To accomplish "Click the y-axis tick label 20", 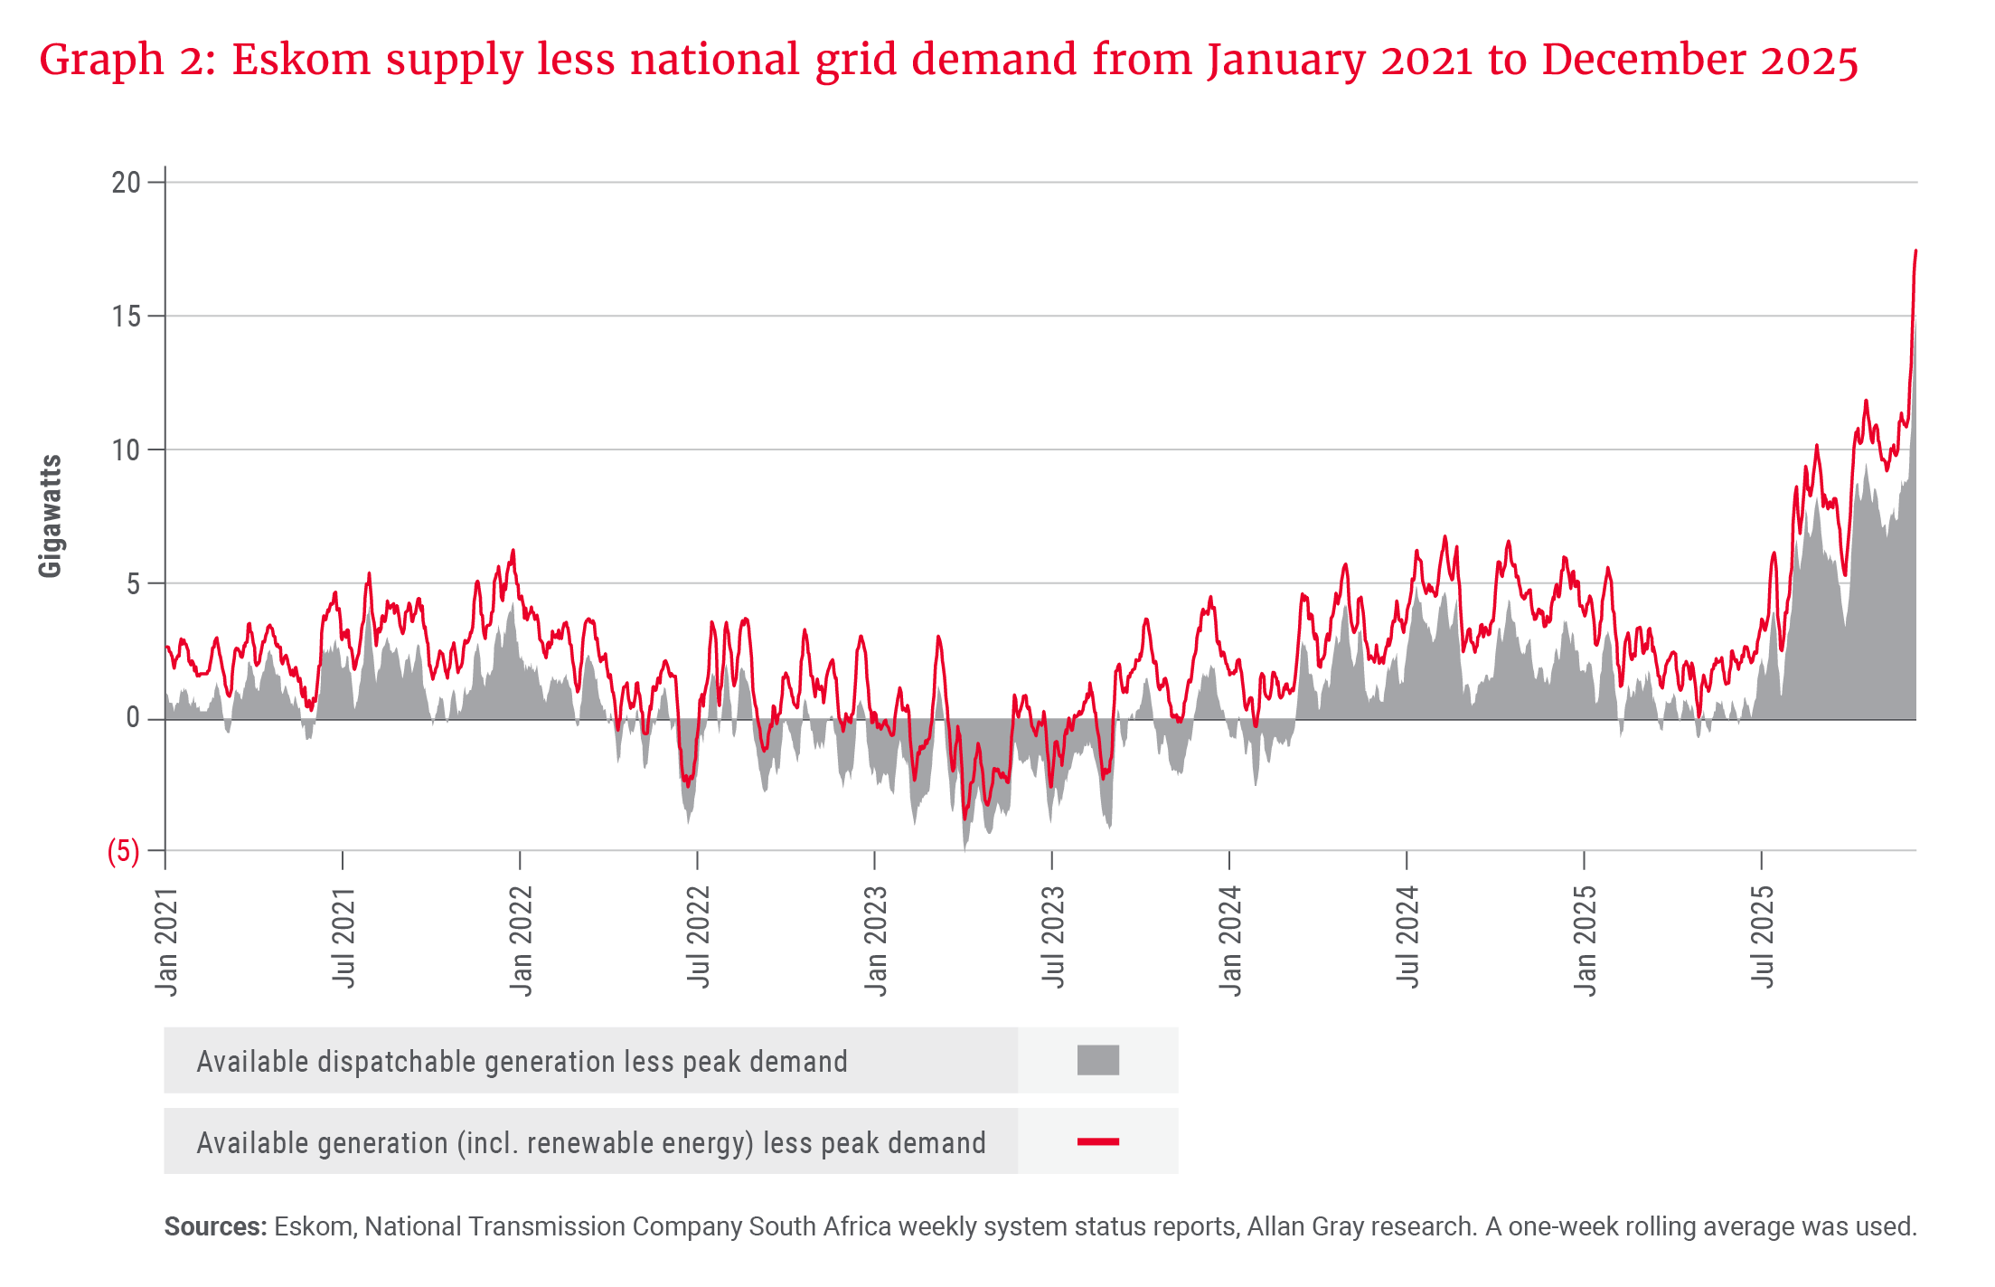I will coord(126,183).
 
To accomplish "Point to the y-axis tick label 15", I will coord(126,317).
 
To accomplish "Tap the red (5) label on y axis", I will coord(124,851).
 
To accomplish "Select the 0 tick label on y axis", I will coord(133,718).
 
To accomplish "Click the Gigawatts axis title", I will coord(51,516).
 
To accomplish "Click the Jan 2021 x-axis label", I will coord(166,942).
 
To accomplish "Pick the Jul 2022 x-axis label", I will coord(699,937).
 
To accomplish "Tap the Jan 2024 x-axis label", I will coord(1230,942).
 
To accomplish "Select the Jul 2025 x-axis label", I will coord(1763,937).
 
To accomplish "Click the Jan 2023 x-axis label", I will coord(876,942).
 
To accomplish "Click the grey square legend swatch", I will coord(1097,1060).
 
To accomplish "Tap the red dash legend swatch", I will coord(1097,1142).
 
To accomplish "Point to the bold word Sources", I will coord(215,1226).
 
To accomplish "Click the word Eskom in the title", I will coord(301,60).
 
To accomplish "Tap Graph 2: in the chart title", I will coord(127,60).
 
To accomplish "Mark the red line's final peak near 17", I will coord(1915,251).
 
